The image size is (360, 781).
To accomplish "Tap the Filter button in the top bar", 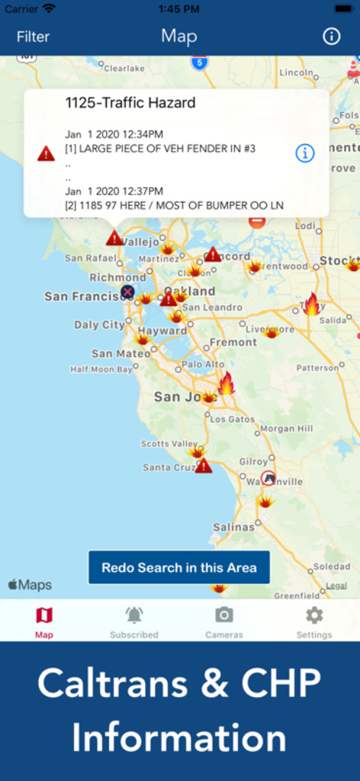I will click(x=33, y=37).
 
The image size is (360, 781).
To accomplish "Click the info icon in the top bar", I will click(x=331, y=37).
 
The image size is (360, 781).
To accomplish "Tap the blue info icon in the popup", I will click(x=304, y=153).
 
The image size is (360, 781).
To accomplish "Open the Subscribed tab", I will click(x=134, y=622).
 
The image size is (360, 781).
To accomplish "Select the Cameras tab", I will click(x=224, y=622).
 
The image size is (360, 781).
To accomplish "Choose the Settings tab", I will click(x=314, y=622).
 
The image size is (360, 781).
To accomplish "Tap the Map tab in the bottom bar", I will click(x=44, y=622).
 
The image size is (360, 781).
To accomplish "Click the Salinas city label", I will click(x=233, y=527).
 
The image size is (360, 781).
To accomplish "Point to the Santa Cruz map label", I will click(x=168, y=467).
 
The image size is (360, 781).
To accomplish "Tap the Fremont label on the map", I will click(x=233, y=342).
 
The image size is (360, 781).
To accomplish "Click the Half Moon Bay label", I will click(x=101, y=369).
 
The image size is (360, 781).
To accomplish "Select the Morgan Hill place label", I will click(x=286, y=429).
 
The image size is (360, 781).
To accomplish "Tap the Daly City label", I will click(x=99, y=325).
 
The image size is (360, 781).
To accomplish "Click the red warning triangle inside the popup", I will click(x=47, y=153).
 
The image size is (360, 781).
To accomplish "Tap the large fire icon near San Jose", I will click(x=227, y=383).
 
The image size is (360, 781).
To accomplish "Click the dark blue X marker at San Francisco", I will click(x=127, y=291).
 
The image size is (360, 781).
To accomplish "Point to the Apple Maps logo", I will click(x=31, y=585).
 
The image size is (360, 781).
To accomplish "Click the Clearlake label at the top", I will click(x=124, y=68).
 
